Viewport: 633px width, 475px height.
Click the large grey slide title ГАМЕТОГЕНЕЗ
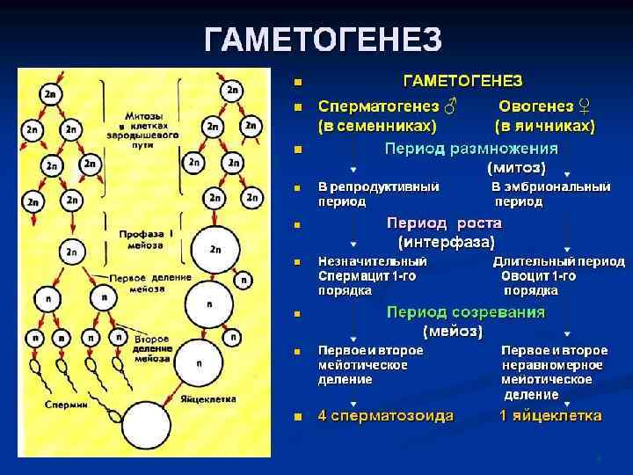coord(323,40)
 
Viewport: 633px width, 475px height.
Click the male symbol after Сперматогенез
coord(448,105)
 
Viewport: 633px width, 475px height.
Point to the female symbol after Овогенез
coord(585,105)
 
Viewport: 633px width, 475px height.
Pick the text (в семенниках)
coord(377,125)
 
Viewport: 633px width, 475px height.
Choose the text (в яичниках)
coord(544,125)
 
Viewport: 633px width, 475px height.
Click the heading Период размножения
coord(470,148)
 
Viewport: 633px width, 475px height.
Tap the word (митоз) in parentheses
coord(516,166)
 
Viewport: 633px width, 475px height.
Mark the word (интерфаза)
coord(447,240)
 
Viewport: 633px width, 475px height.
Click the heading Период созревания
coord(466,312)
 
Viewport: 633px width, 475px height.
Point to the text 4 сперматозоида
coord(385,415)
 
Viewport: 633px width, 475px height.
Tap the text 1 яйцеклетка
coord(550,415)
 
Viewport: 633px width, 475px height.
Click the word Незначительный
coord(373,262)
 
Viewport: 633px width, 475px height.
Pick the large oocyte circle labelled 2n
coord(215,249)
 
